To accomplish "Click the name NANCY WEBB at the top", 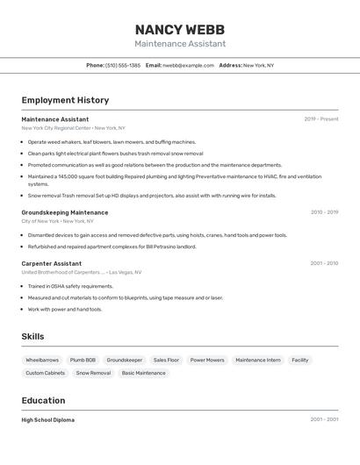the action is pyautogui.click(x=179, y=29).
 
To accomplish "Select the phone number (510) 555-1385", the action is pyautogui.click(x=123, y=65).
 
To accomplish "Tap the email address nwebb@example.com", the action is pyautogui.click(x=188, y=65).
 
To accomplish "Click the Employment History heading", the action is pyautogui.click(x=65, y=100).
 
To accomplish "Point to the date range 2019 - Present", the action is pyautogui.click(x=320, y=119).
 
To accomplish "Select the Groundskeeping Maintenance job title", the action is pyautogui.click(x=65, y=212).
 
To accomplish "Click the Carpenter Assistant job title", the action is pyautogui.click(x=52, y=263).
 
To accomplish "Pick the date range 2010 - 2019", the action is pyautogui.click(x=324, y=212).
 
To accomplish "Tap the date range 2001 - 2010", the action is pyautogui.click(x=324, y=263).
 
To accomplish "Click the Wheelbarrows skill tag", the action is pyautogui.click(x=42, y=360).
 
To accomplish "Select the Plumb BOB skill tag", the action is pyautogui.click(x=83, y=360).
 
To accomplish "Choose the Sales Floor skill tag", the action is pyautogui.click(x=166, y=360).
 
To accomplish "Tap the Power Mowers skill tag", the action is pyautogui.click(x=207, y=360).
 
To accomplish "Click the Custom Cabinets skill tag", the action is pyautogui.click(x=45, y=373).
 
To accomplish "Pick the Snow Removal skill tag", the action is pyautogui.click(x=93, y=373).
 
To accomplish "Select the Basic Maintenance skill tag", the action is pyautogui.click(x=143, y=373).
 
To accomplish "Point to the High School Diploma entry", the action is pyautogui.click(x=48, y=420).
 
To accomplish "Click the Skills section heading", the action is pyautogui.click(x=32, y=336).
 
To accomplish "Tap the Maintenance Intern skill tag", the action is pyautogui.click(x=258, y=360).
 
